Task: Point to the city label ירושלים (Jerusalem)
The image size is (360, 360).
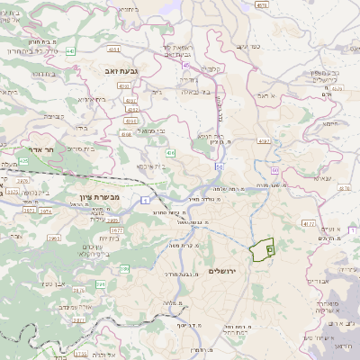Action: tap(226, 271)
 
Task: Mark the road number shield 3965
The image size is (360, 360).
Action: tap(53, 239)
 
